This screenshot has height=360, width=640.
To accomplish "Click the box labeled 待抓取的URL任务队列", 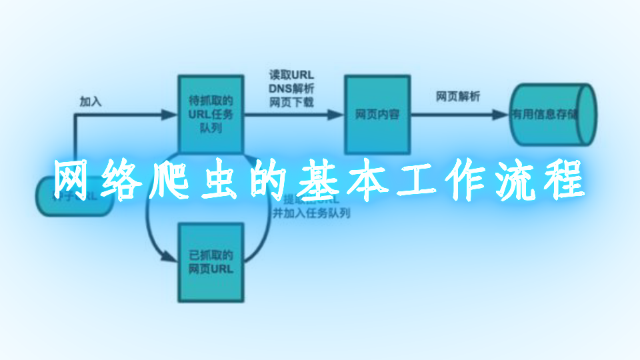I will pyautogui.click(x=211, y=113).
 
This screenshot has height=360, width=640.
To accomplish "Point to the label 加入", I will pyautogui.click(x=91, y=101).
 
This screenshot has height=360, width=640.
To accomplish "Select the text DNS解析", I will pyautogui.click(x=291, y=88).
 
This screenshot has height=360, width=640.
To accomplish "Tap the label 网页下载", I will pyautogui.click(x=291, y=101).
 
